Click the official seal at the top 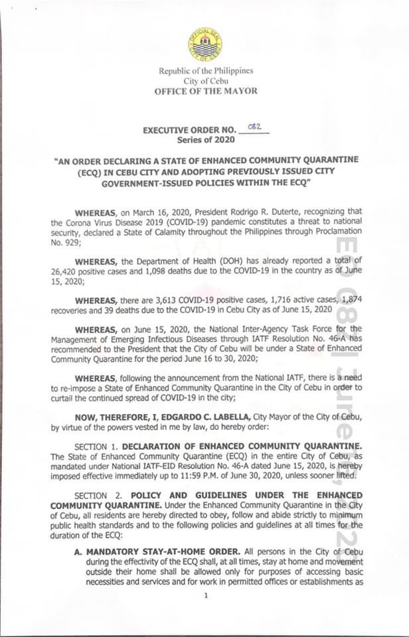click(205, 43)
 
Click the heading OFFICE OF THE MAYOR click(206, 91)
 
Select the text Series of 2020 click(205, 140)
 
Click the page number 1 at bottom click(206, 595)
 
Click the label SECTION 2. click(100, 495)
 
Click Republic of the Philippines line click(206, 71)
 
